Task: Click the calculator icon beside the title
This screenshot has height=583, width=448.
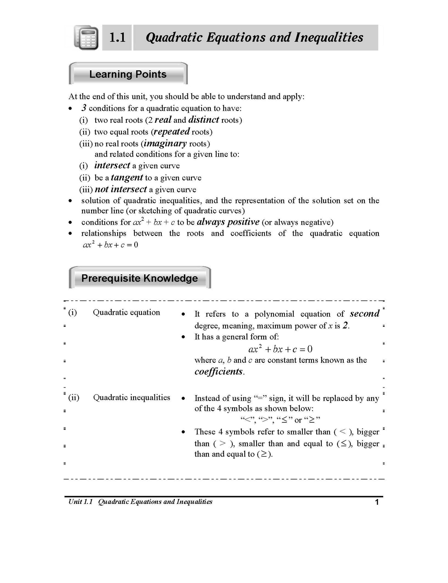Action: [86, 38]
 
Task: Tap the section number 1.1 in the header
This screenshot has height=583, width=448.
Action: [118, 38]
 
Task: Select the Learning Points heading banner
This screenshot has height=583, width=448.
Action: [128, 74]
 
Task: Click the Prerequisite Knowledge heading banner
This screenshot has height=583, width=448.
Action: [140, 278]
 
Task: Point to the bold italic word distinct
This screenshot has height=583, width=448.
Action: [204, 119]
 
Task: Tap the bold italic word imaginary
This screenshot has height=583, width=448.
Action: [165, 143]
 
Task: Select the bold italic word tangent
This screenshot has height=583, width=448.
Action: [127, 177]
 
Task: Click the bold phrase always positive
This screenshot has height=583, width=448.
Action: [228, 222]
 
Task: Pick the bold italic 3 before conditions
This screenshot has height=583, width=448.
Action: [84, 108]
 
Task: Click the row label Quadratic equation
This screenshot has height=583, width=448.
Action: [126, 312]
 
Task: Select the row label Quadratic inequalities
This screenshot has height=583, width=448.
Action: [131, 397]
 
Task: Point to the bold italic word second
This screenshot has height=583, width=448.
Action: [365, 314]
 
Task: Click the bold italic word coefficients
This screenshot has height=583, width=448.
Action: [219, 372]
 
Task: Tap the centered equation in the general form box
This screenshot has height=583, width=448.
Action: [280, 349]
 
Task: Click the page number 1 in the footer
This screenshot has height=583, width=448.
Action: [377, 502]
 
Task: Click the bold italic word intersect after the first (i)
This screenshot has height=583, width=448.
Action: [112, 165]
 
